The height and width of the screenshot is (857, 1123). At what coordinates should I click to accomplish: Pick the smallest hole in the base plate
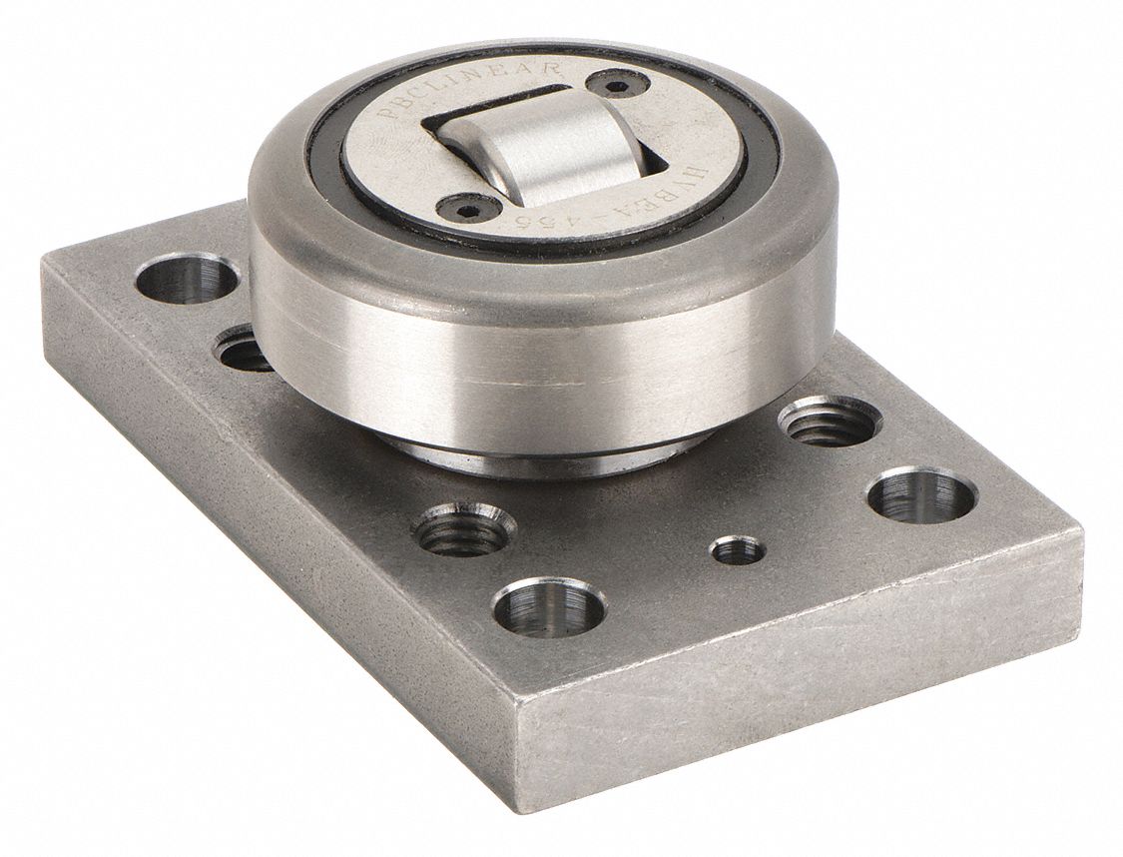point(737,549)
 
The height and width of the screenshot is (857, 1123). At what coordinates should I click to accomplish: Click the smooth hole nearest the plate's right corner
point(921,493)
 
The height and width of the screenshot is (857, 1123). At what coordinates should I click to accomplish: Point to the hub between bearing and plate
point(539,454)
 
